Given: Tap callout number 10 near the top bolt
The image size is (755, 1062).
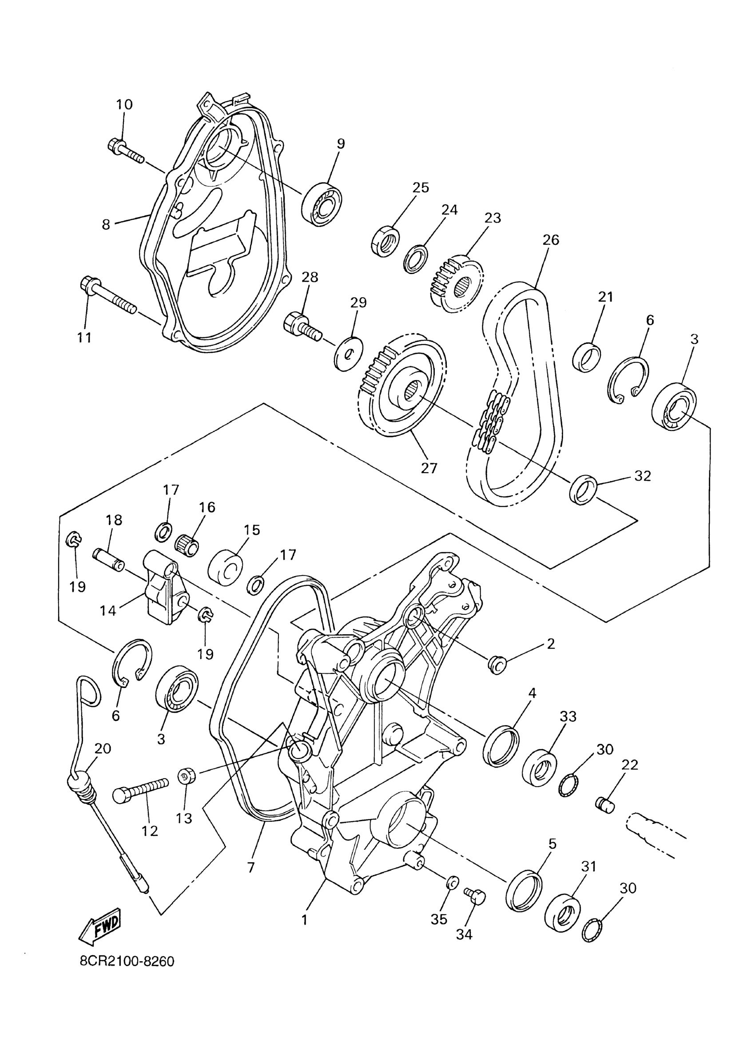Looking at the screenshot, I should click(x=124, y=104).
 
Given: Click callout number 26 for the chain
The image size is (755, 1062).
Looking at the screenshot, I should click(x=550, y=240).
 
